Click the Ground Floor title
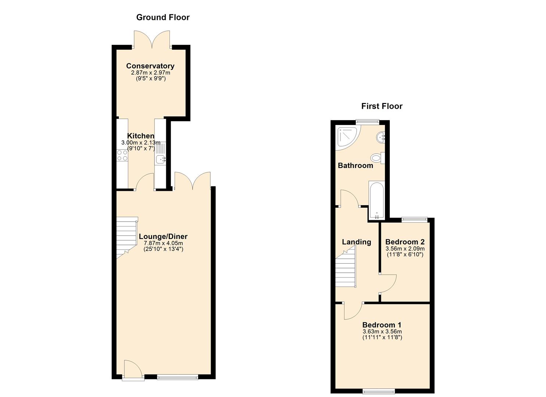[163, 17]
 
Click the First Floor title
[382, 106]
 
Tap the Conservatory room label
[150, 66]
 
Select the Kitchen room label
[141, 136]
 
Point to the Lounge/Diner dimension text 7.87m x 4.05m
[163, 243]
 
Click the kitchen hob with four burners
[122, 155]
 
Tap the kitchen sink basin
[160, 160]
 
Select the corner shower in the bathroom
[347, 138]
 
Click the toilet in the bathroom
[378, 158]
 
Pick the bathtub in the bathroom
[377, 201]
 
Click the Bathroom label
[356, 166]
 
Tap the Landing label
[356, 242]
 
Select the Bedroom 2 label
[405, 242]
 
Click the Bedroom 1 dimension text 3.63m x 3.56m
[382, 332]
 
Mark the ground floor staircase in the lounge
[127, 237]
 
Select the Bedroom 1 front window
[379, 391]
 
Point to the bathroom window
[367, 122]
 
